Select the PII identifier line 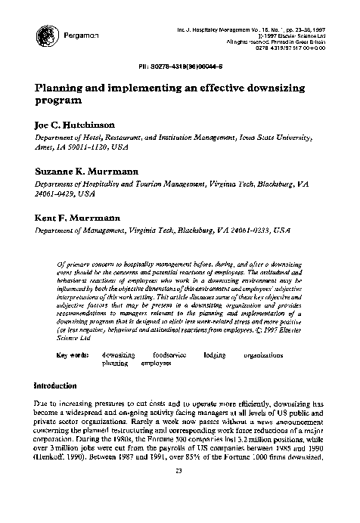click(x=179, y=67)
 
